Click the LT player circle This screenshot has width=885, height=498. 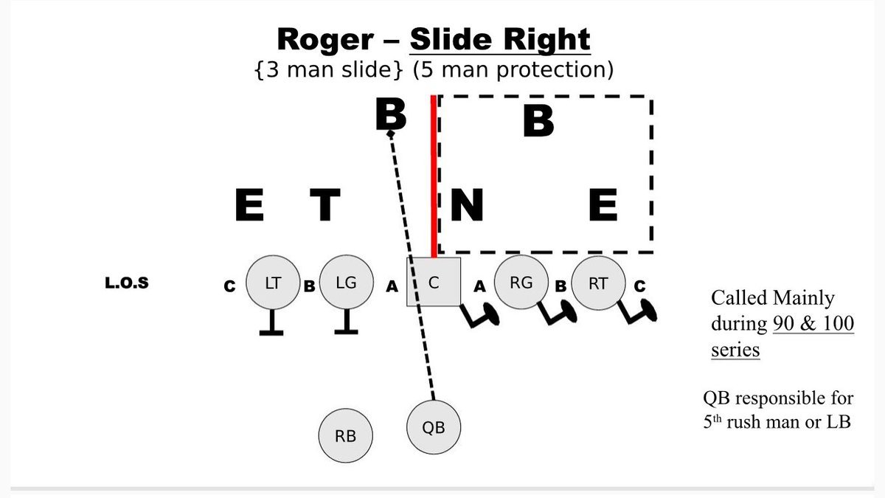coord(273,283)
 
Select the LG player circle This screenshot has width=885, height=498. coord(347,283)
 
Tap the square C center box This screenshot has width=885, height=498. coord(434,282)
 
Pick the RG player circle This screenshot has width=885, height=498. coord(521,282)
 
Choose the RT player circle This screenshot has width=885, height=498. coord(598,283)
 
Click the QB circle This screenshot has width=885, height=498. coord(434,426)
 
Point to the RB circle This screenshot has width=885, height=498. coord(345,436)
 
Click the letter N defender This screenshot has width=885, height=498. coord(466,205)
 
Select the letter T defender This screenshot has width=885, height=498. coord(324,205)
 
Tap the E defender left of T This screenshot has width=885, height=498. coord(249,205)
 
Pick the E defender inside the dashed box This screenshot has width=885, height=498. coord(603,205)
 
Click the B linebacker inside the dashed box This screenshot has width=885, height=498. coord(538,122)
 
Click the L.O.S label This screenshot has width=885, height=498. coord(127,283)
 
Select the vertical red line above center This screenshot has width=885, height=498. coord(434,177)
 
